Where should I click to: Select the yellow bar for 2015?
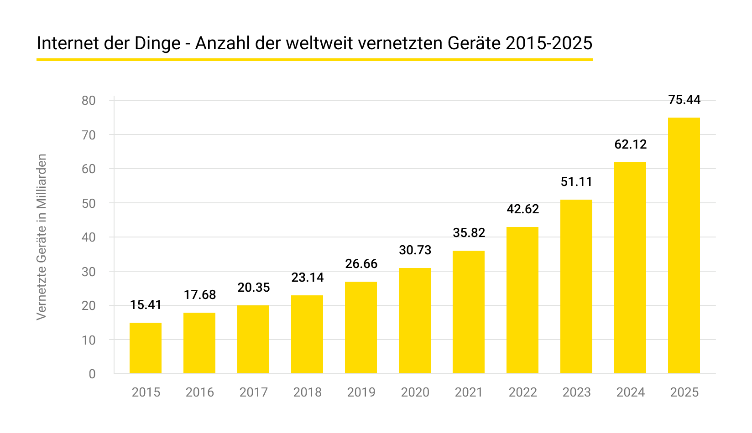[146, 348]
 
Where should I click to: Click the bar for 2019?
[361, 328]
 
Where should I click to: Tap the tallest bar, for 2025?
[684, 246]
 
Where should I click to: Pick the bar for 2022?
[522, 300]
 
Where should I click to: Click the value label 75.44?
[684, 100]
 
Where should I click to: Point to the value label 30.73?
[415, 250]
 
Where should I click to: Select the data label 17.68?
[199, 295]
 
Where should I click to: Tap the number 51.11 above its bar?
[576, 182]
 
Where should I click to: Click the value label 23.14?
[307, 277]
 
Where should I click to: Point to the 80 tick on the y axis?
[89, 101]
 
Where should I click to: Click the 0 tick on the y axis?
[92, 374]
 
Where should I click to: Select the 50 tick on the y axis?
[89, 203]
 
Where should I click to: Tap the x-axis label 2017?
[253, 392]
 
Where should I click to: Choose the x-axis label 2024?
[630, 392]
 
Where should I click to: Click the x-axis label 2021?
[469, 392]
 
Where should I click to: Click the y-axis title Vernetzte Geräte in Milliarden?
[42, 237]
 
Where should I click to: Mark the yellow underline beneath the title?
[314, 59]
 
